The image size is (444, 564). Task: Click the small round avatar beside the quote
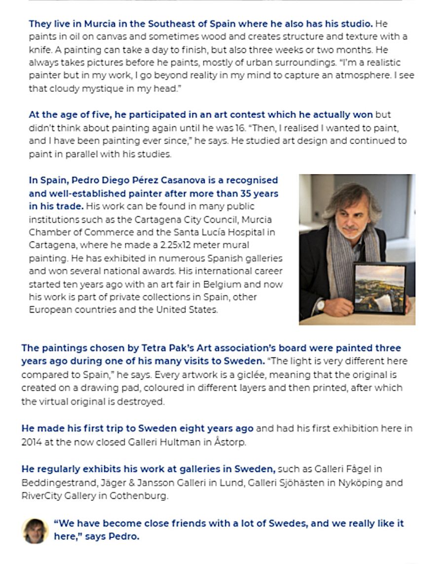[35, 530]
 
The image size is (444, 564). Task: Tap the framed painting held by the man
[379, 289]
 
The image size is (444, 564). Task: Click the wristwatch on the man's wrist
[321, 305]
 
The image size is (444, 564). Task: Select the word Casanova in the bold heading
[171, 180]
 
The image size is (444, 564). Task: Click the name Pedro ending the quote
[126, 536]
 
